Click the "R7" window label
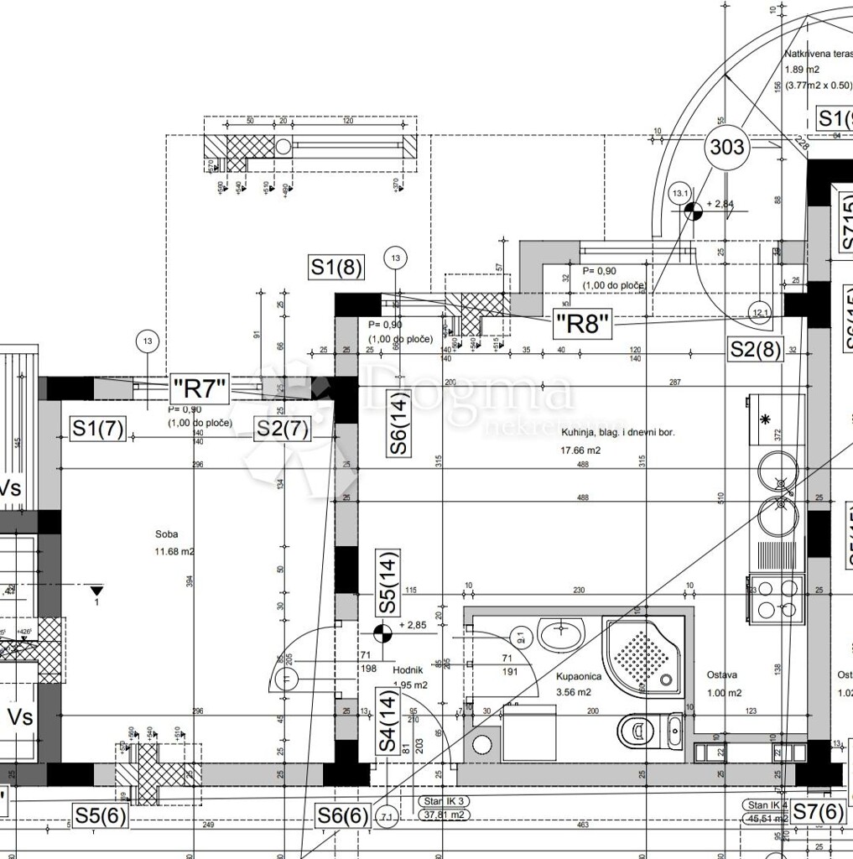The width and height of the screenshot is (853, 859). coord(200,388)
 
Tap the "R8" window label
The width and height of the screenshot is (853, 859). coord(581,323)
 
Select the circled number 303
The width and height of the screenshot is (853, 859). coord(726,147)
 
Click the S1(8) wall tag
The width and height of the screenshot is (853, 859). coord(336,268)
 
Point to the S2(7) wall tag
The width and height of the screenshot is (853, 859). coord(283,429)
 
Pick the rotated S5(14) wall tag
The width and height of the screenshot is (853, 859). coord(387,580)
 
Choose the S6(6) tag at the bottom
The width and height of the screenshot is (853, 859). coord(342,815)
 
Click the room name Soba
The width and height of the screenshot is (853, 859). coord(166,534)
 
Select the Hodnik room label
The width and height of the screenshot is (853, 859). coord(410,670)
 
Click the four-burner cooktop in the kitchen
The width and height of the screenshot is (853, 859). coord(777,597)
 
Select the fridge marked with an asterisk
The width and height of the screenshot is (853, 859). coord(777,419)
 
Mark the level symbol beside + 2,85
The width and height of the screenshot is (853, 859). coord(382,632)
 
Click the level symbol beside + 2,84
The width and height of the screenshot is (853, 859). coord(692,211)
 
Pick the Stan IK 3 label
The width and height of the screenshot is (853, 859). coord(445,801)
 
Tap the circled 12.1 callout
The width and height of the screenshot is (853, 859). coord(760,312)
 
